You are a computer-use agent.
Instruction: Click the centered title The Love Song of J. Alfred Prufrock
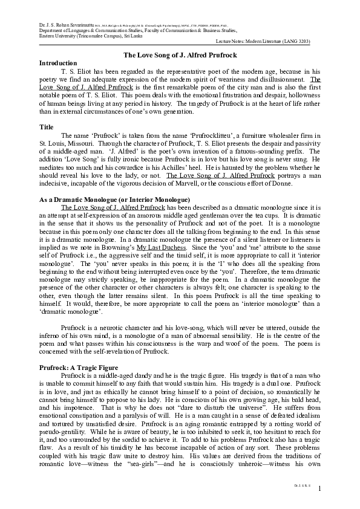point(180,55)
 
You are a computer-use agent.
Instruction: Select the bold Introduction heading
point(57,63)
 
